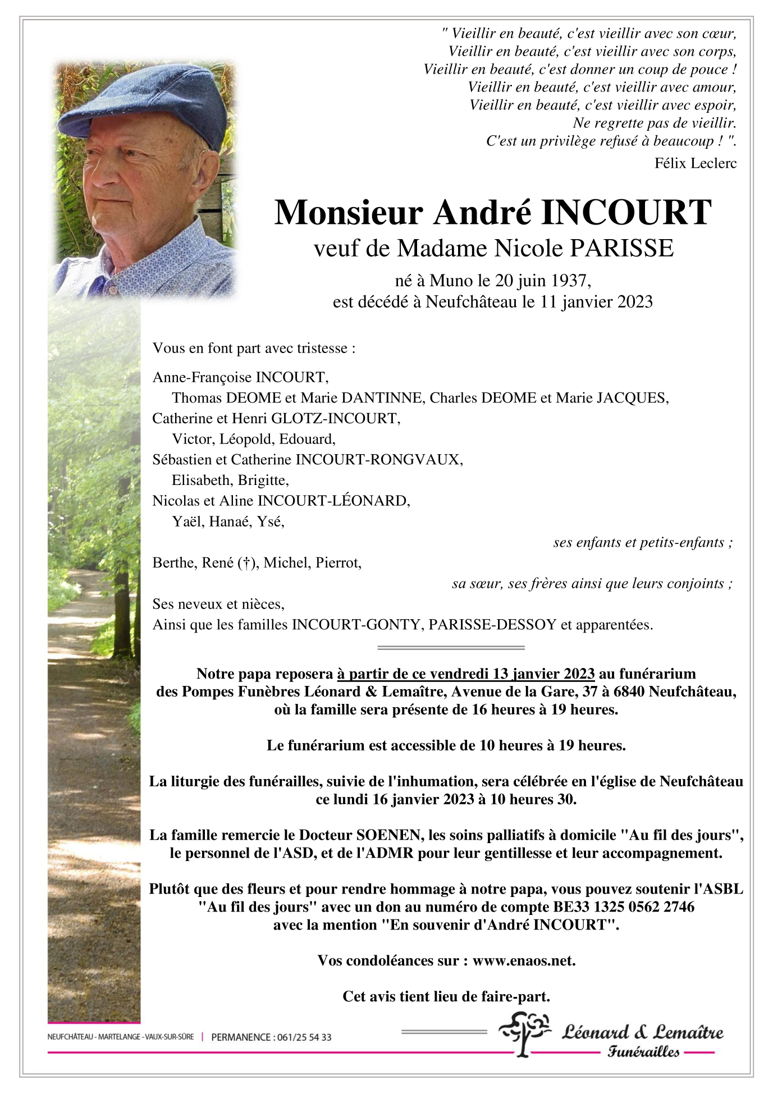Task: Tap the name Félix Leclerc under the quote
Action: click(x=695, y=163)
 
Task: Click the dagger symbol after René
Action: click(x=245, y=563)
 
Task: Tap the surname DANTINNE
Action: click(x=381, y=398)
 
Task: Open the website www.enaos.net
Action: click(x=524, y=960)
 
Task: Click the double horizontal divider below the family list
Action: click(x=451, y=648)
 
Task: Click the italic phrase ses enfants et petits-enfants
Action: click(x=642, y=543)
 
